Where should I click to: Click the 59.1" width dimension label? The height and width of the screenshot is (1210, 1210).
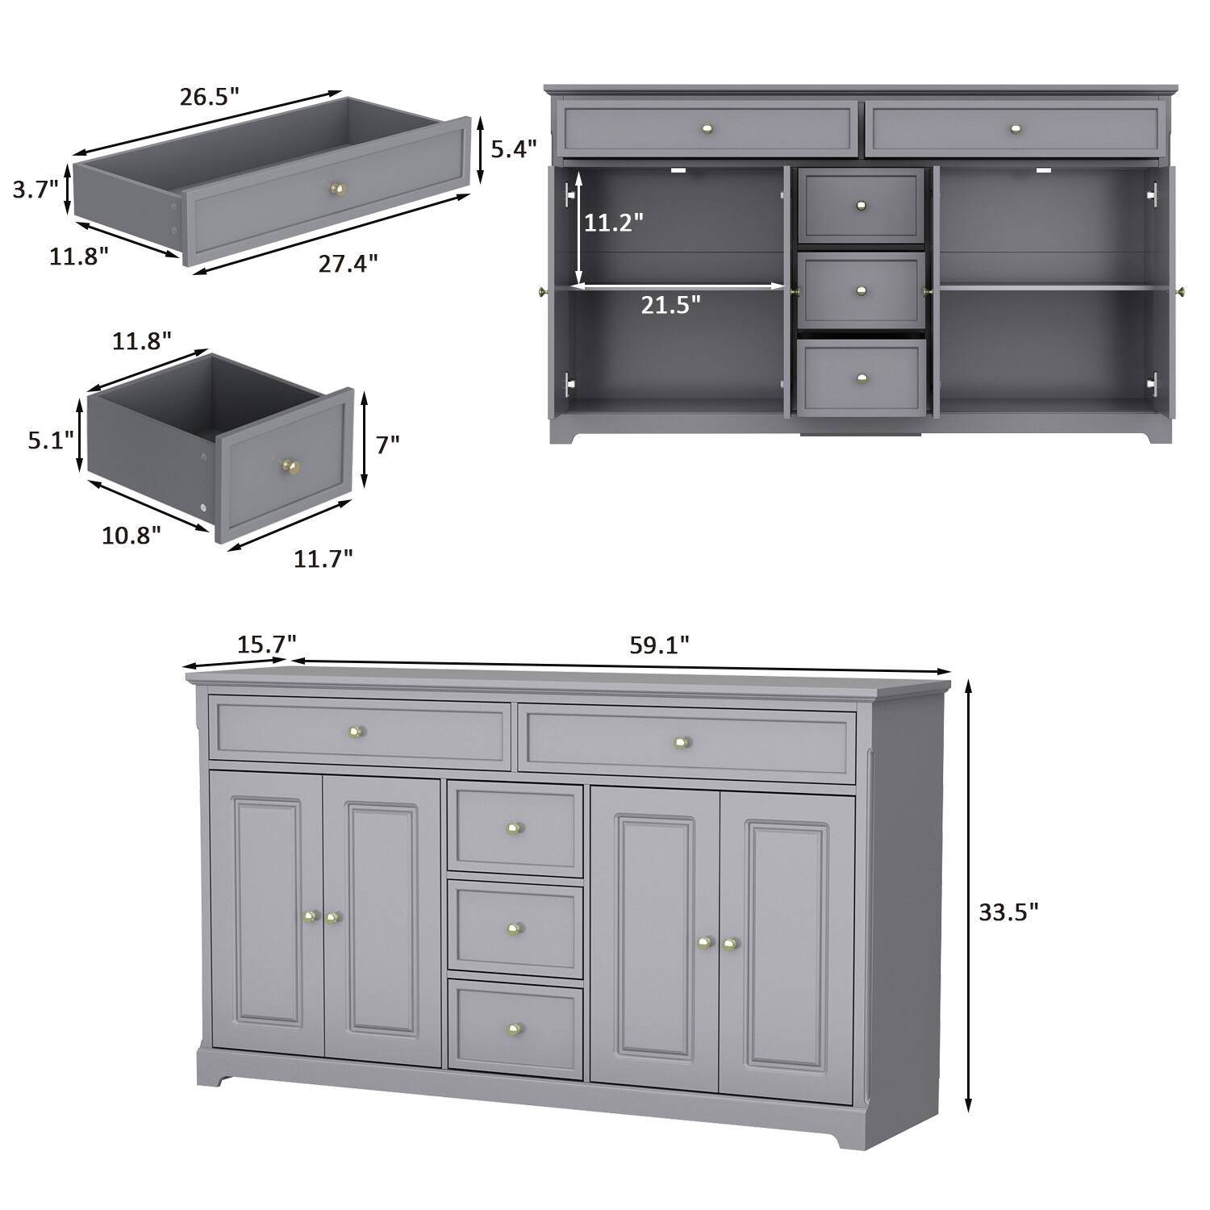(659, 645)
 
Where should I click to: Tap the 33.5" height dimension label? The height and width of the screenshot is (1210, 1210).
(1008, 912)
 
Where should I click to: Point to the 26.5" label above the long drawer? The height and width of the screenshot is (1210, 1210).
(210, 97)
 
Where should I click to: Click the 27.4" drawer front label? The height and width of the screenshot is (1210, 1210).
(348, 263)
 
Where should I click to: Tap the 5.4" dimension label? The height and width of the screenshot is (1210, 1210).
(514, 149)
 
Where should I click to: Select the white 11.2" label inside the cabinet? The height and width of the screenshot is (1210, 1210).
(614, 223)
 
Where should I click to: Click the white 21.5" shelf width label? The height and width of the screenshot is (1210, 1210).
(671, 305)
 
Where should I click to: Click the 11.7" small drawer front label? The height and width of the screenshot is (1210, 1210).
(323, 557)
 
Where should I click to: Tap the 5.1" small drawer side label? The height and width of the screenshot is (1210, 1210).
(51, 440)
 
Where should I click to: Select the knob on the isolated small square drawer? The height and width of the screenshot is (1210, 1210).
(290, 465)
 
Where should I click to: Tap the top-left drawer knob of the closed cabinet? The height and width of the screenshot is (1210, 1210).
(355, 732)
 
